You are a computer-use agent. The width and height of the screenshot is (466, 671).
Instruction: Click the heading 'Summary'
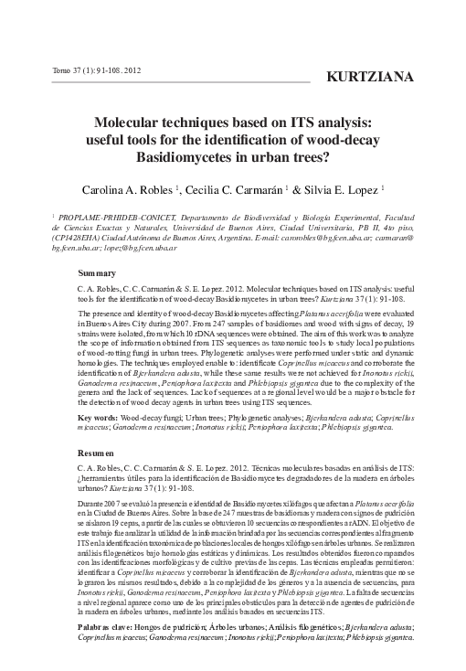98,273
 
